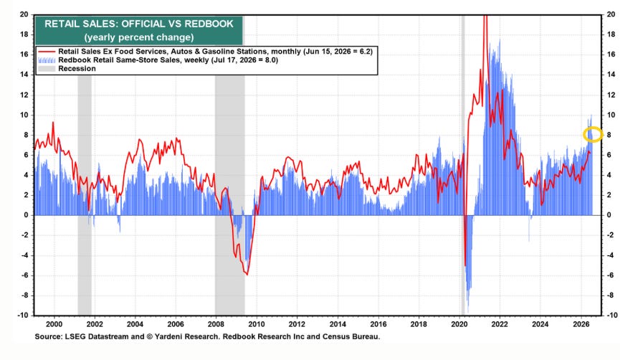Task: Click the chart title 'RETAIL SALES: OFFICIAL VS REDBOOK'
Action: tap(139, 24)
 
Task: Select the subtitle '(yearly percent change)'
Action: tap(139, 37)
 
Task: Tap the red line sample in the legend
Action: tap(47, 52)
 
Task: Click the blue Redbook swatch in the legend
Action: tap(47, 60)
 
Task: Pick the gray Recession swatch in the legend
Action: tap(47, 69)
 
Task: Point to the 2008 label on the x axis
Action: tap(216, 324)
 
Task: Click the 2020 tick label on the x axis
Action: tap(459, 324)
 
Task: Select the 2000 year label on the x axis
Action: tap(54, 324)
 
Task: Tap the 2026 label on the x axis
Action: tap(581, 324)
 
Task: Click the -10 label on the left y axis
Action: tap(23, 316)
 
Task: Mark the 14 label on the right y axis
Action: tap(611, 75)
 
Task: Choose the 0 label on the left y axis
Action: tap(26, 215)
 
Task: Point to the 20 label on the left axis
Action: tap(24, 14)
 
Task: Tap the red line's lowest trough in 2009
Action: tap(247, 274)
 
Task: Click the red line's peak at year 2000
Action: tap(53, 123)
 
